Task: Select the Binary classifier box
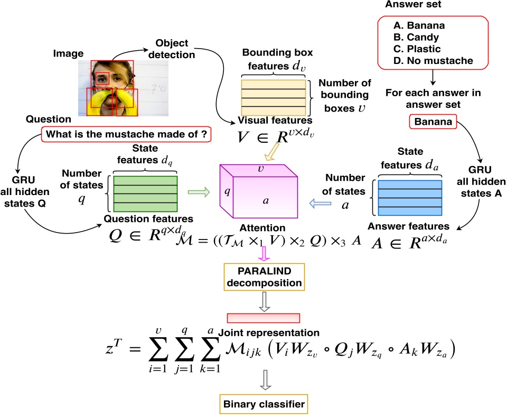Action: [x=264, y=405]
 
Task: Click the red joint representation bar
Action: [x=264, y=318]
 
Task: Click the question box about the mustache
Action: [x=126, y=134]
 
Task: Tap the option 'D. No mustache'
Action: [x=433, y=61]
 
